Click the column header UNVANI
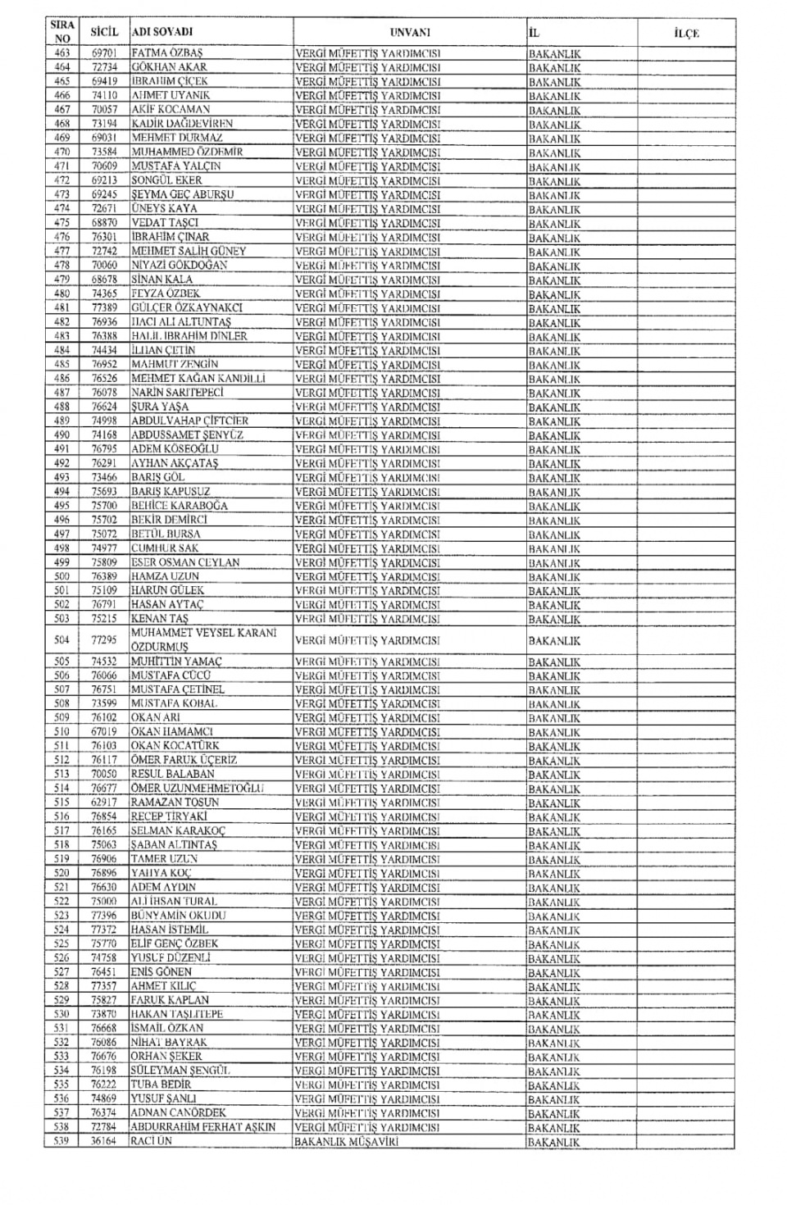(x=410, y=32)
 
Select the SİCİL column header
(x=105, y=32)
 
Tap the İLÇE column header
(x=685, y=33)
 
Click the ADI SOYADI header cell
(x=162, y=32)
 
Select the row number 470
(x=61, y=152)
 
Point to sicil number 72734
(x=105, y=67)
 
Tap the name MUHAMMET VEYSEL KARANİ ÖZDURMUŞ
(x=204, y=639)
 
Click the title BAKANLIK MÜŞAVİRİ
(x=346, y=1141)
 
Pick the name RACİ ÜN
(x=152, y=1141)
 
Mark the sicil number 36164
(x=105, y=1141)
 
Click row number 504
(x=61, y=639)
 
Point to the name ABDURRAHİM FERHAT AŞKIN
(x=203, y=1127)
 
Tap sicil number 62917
(x=105, y=803)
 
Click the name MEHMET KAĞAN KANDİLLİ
(x=198, y=379)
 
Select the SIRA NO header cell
(x=61, y=32)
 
